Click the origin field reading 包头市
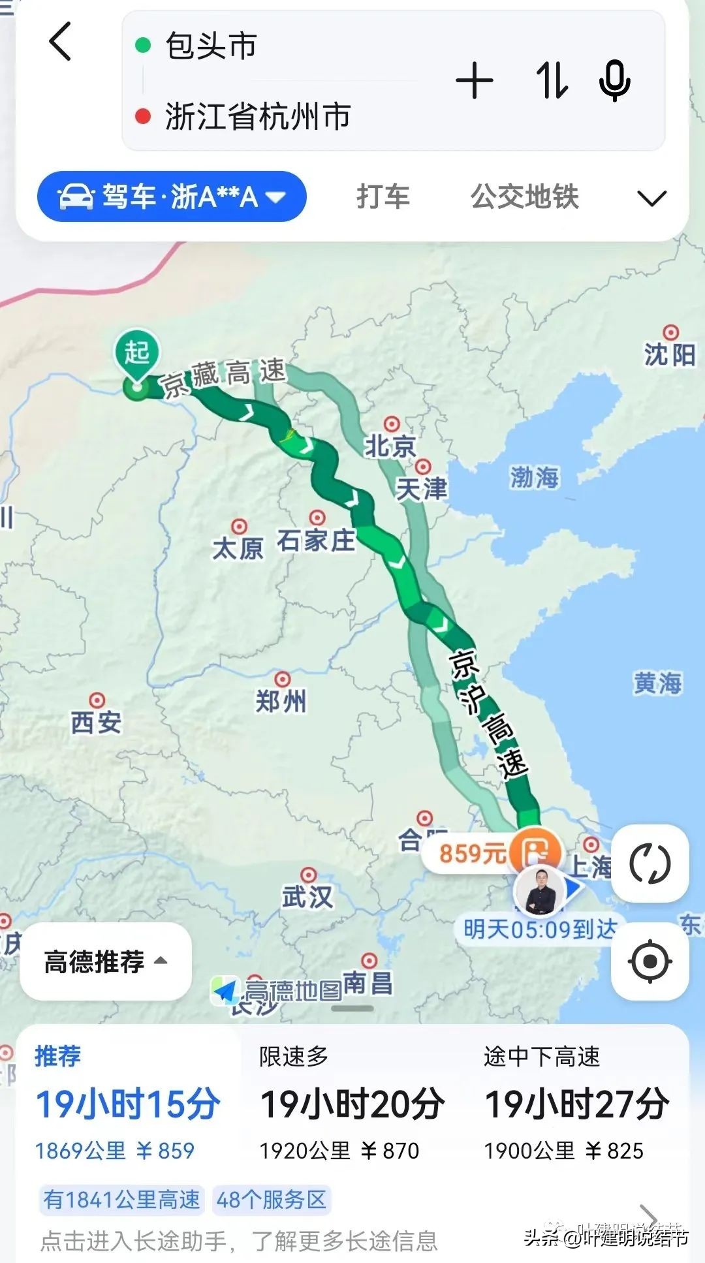[x=211, y=46]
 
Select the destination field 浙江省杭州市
[x=258, y=116]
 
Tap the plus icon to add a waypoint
[x=475, y=81]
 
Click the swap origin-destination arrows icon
[x=552, y=81]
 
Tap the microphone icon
[x=614, y=81]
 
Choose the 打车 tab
[x=383, y=196]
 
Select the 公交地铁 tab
[x=525, y=196]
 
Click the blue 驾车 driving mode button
[x=172, y=196]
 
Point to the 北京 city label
[x=390, y=446]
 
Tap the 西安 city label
[x=96, y=722]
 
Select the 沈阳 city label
[x=670, y=354]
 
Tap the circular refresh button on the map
[x=650, y=864]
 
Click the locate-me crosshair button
[x=650, y=961]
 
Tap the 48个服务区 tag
[x=271, y=1200]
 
